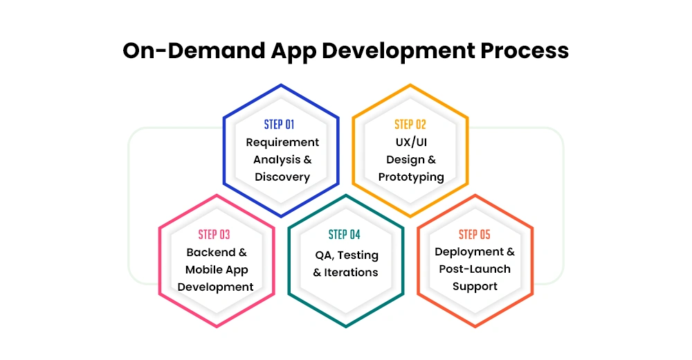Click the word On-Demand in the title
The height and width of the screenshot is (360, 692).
pyautogui.click(x=193, y=51)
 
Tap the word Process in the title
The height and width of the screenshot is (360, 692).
pyautogui.click(x=525, y=51)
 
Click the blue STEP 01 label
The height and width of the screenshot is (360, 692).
pyautogui.click(x=279, y=125)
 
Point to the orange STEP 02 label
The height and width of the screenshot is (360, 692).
pyautogui.click(x=410, y=125)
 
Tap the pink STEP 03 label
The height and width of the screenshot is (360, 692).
pyautogui.click(x=214, y=235)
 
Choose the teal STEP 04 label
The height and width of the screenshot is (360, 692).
pyautogui.click(x=344, y=235)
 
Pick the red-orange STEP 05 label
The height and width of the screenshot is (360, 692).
pyautogui.click(x=475, y=235)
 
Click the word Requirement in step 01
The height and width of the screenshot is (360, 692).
pyautogui.click(x=282, y=143)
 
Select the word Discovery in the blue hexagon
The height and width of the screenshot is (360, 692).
pyautogui.click(x=282, y=177)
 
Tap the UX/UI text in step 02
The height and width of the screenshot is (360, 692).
pyautogui.click(x=411, y=142)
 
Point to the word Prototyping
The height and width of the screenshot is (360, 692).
pyautogui.click(x=411, y=177)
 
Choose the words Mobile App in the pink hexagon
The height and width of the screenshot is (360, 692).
pyautogui.click(x=217, y=270)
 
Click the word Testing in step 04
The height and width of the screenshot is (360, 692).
pyautogui.click(x=358, y=255)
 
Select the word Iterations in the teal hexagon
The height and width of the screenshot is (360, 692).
pyautogui.click(x=351, y=273)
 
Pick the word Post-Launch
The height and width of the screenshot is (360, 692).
pyautogui.click(x=475, y=269)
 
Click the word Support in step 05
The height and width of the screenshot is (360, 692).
pyautogui.click(x=475, y=287)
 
